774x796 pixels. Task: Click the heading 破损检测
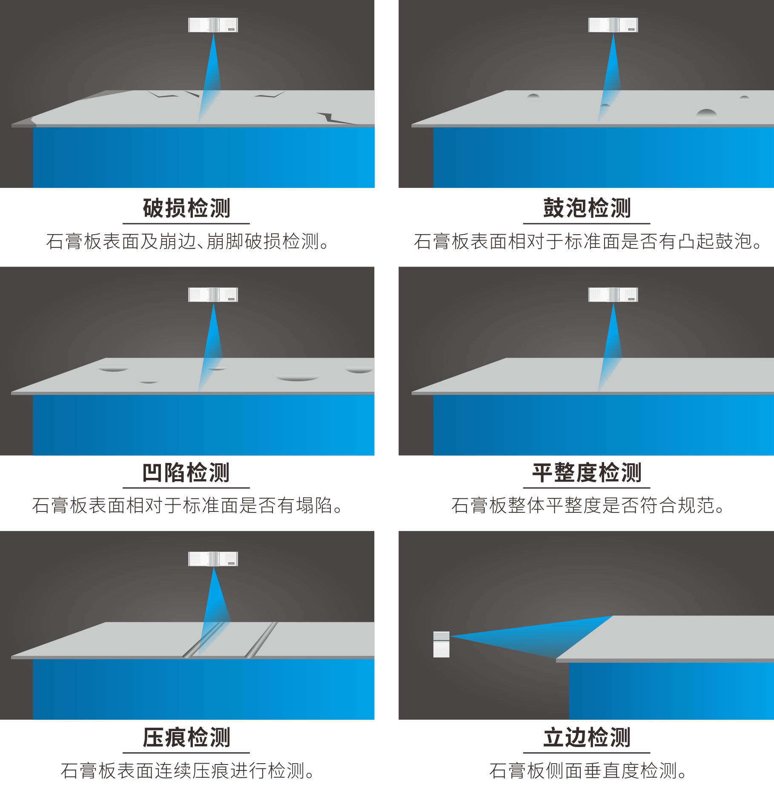pos(186,208)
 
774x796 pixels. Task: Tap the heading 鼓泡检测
pos(587,208)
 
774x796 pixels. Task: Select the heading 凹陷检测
pos(186,473)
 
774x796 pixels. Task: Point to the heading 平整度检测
pos(587,473)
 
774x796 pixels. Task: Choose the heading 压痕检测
pos(186,737)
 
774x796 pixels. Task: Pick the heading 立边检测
pos(587,737)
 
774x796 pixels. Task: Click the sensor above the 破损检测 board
pos(213,25)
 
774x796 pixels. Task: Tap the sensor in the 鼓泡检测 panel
pos(613,25)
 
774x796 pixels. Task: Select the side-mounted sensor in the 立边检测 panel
pos(441,644)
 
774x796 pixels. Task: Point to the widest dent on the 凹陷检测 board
pos(297,378)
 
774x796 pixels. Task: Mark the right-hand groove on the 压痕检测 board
pos(261,640)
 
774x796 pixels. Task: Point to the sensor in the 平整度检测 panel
pos(613,294)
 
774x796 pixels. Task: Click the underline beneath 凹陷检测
pos(186,488)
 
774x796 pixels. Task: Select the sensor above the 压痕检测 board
pos(213,559)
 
